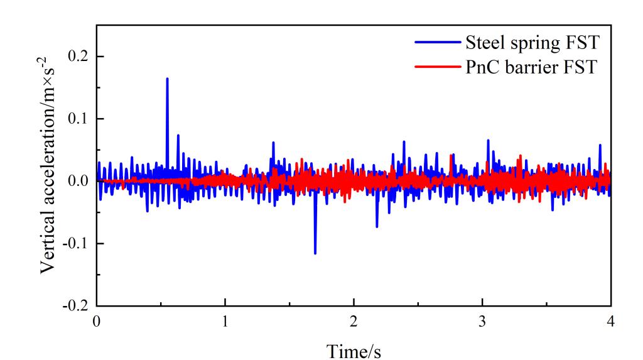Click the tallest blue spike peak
tap(167, 79)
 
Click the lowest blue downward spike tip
tap(315, 253)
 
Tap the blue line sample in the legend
tap(437, 44)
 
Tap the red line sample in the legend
tap(437, 68)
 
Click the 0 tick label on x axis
tap(97, 320)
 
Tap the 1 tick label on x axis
tap(225, 320)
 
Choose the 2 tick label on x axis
tap(354, 320)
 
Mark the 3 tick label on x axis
tap(482, 320)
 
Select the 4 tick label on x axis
tap(611, 320)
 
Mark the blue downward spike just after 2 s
tap(377, 226)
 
